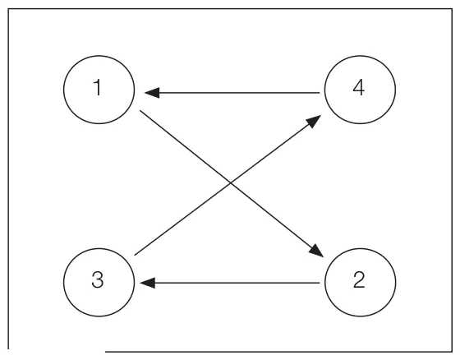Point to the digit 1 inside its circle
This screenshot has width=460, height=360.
(98, 87)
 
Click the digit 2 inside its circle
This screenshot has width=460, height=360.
(359, 279)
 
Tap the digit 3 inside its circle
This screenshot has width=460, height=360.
(98, 279)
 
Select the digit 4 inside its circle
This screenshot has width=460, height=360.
(358, 87)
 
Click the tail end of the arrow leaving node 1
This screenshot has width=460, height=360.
(140, 111)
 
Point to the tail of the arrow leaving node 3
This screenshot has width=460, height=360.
(135, 255)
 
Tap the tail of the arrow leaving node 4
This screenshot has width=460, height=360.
(320, 93)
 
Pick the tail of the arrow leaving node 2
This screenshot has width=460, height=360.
(320, 283)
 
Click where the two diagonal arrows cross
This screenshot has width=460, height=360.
(231, 183)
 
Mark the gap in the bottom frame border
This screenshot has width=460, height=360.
(57, 350)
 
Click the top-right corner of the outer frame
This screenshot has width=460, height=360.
(452, 9)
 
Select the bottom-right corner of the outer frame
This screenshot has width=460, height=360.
(452, 351)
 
